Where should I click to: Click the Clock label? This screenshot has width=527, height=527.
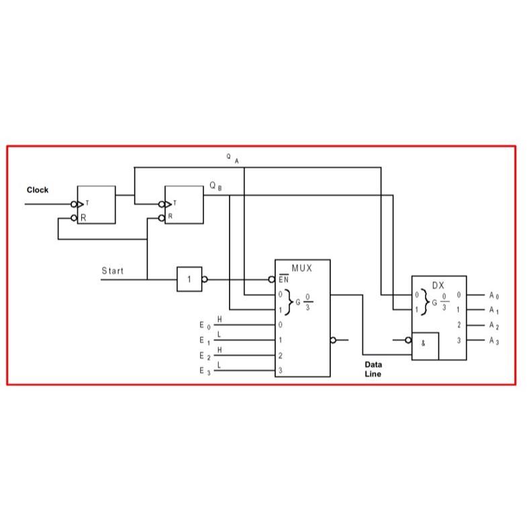38,190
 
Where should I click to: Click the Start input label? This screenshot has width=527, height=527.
112,271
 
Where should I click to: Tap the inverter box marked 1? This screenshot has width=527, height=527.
189,279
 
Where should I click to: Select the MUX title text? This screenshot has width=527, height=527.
301,267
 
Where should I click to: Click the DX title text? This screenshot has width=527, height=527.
438,285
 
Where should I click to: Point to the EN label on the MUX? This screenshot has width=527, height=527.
283,279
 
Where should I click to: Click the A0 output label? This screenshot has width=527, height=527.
494,295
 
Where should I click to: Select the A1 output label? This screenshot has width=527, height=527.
494,310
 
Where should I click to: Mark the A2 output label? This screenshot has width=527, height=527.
494,326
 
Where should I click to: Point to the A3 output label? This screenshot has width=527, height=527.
494,341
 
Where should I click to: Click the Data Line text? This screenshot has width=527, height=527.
373,369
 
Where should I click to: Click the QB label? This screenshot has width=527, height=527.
214,185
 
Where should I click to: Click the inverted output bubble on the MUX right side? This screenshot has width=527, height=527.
333,340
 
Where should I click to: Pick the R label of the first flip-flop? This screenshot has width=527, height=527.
84,218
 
